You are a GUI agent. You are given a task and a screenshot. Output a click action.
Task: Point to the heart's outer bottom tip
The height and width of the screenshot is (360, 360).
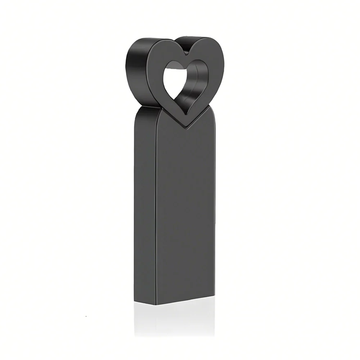pos(187,126)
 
